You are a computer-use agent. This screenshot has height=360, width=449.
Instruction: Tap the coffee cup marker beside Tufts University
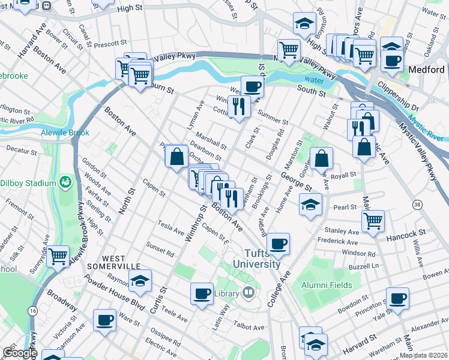pos(279,244)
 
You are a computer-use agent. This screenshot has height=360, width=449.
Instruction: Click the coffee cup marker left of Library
pos(202,293)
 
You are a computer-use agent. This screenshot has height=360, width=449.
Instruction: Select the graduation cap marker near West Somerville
pos(140,281)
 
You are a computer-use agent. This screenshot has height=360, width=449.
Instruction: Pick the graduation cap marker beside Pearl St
pos(310,204)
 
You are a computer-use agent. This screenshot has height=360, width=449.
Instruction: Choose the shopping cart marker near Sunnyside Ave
pos(58,256)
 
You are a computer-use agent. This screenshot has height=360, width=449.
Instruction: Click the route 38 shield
pos(400,205)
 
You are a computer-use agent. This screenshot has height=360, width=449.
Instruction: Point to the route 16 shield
pos(31,310)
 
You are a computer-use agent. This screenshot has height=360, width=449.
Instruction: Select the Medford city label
pos(426,70)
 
